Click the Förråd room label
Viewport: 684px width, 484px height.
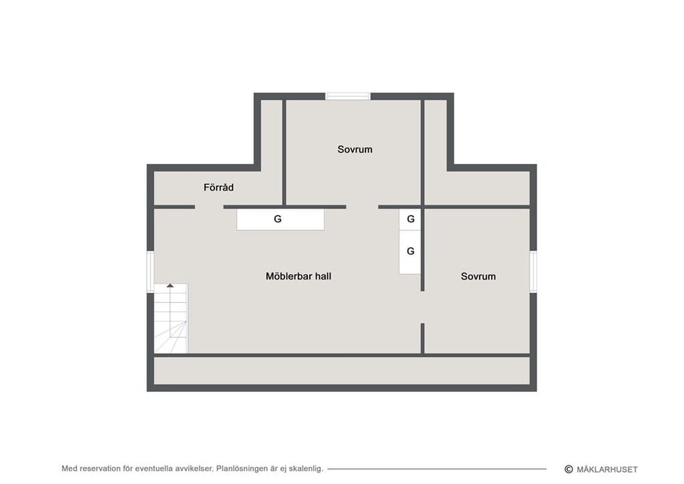pos(219,187)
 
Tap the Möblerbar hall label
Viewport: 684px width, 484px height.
pos(299,277)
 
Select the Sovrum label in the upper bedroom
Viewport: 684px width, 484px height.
pos(355,149)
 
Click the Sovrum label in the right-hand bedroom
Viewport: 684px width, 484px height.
pos(478,277)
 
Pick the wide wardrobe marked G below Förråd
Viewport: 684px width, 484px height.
pos(281,219)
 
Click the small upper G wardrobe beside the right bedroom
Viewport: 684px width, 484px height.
pos(410,220)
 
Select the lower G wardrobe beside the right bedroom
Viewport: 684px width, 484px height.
pos(410,252)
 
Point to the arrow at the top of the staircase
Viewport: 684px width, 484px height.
pos(170,285)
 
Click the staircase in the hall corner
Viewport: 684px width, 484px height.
pos(171,318)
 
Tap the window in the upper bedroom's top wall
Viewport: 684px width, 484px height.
pos(348,96)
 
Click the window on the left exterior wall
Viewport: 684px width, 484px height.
pos(150,272)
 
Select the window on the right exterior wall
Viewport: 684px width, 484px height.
pos(533,272)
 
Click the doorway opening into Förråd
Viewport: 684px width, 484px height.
pos(209,207)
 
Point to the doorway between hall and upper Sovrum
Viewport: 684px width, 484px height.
pos(362,207)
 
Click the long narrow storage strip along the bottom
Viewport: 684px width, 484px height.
pos(341,371)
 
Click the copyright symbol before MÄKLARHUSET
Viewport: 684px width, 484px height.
pos(569,469)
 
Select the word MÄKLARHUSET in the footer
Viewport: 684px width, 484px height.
pos(607,470)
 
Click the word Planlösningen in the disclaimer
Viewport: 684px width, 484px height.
pos(242,469)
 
